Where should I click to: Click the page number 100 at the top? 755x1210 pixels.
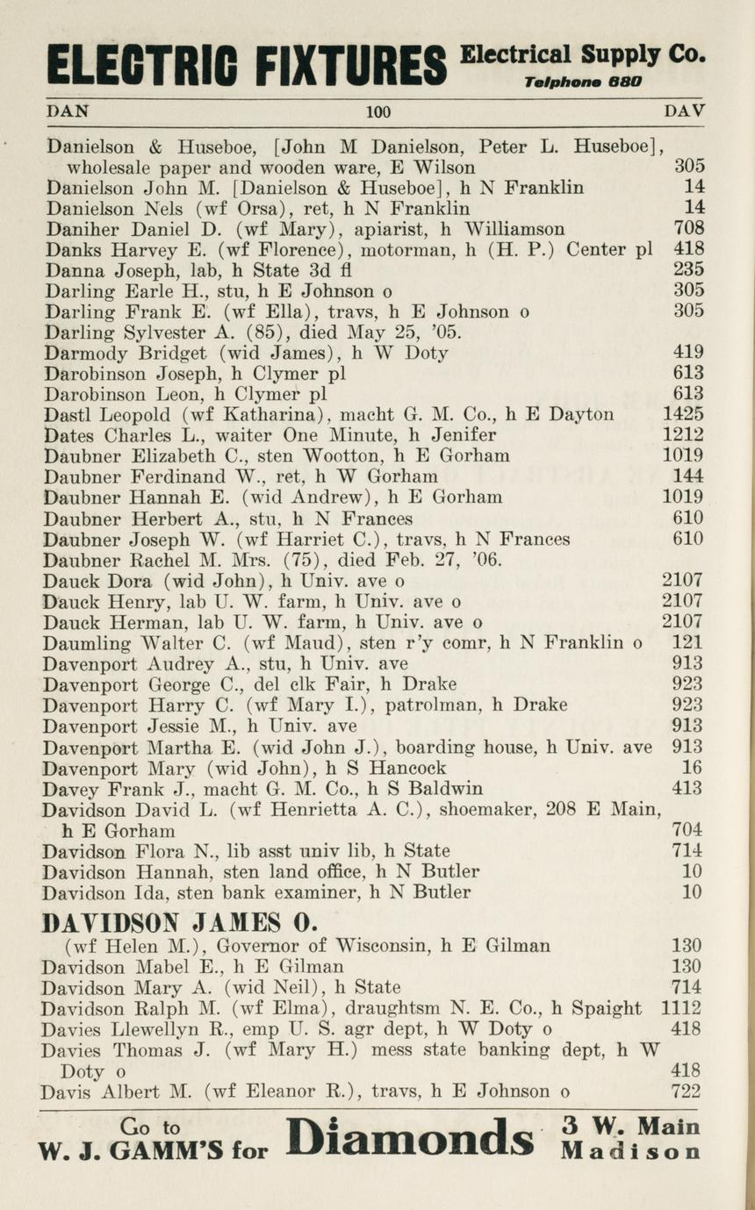(x=378, y=112)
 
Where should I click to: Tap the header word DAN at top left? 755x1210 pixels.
(x=67, y=111)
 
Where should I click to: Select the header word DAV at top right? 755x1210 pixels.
(x=685, y=111)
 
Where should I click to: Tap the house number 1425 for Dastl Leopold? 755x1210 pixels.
(x=682, y=415)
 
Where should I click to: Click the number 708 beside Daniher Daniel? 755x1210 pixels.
(x=687, y=230)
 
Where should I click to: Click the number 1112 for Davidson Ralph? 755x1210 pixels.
(x=682, y=1009)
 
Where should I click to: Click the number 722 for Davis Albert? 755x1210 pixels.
(x=687, y=1092)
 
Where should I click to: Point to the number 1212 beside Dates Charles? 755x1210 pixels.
(x=682, y=435)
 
